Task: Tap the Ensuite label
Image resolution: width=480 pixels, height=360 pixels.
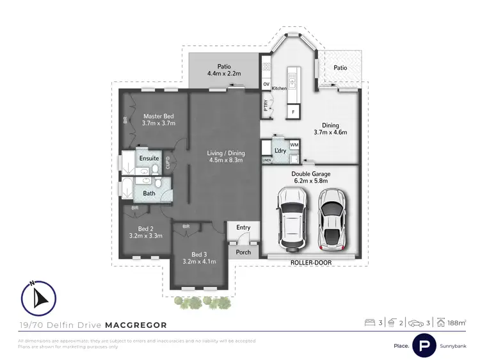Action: pos(149,158)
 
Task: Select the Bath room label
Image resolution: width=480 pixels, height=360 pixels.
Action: pos(148,193)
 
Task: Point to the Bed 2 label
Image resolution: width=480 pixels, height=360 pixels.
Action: pos(145,229)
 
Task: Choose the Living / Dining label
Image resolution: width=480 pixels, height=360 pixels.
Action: pos(226,153)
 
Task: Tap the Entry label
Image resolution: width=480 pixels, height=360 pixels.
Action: pos(243,227)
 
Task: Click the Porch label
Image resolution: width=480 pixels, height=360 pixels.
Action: pos(243,252)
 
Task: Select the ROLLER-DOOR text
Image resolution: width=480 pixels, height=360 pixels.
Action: pos(310,263)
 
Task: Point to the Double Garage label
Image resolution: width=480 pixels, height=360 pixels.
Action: pos(310,173)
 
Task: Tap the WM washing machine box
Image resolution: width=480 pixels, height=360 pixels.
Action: pos(294,145)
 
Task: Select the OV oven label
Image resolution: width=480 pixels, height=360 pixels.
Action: pos(266,84)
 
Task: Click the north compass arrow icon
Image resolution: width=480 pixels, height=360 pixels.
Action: pos(39,297)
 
